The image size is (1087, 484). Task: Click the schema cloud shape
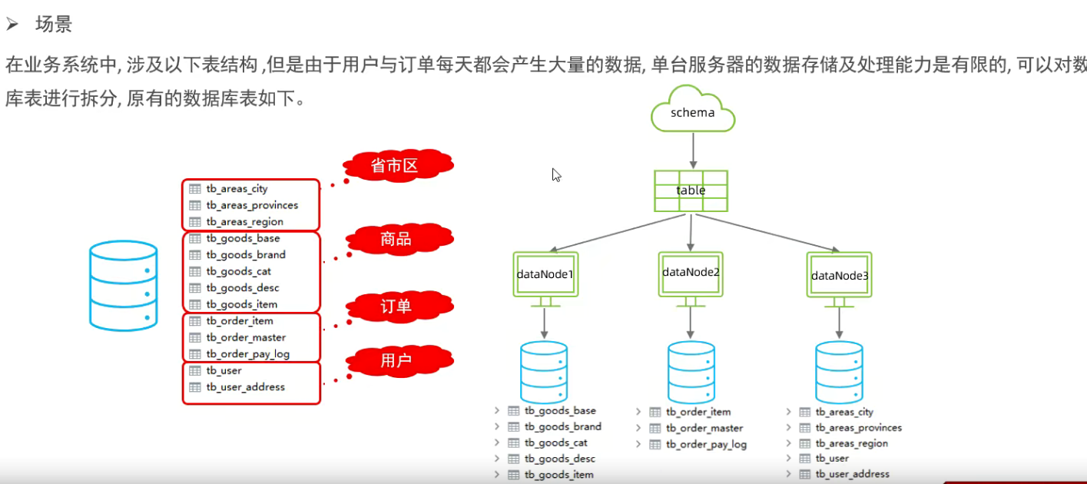(x=692, y=112)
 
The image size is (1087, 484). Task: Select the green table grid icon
(x=691, y=191)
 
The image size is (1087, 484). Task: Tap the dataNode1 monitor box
(x=545, y=274)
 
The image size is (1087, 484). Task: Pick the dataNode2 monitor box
(x=691, y=273)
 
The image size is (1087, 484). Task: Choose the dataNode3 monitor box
(x=839, y=274)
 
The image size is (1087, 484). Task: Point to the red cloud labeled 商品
(x=396, y=240)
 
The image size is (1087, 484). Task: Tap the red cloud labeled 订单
(x=396, y=307)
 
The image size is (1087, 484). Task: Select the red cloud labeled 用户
(x=396, y=360)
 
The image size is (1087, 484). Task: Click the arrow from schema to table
(x=693, y=151)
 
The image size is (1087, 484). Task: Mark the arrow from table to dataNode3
(x=768, y=233)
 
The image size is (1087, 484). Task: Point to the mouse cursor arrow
(x=556, y=174)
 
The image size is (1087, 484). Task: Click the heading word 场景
(x=54, y=25)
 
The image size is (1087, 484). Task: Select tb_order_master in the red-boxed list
(x=246, y=337)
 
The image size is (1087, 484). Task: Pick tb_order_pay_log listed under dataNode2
(x=706, y=444)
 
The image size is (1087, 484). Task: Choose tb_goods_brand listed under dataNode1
(x=562, y=426)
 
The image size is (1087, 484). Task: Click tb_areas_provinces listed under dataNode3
(x=858, y=427)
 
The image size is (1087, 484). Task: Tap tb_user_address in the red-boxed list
(x=245, y=386)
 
